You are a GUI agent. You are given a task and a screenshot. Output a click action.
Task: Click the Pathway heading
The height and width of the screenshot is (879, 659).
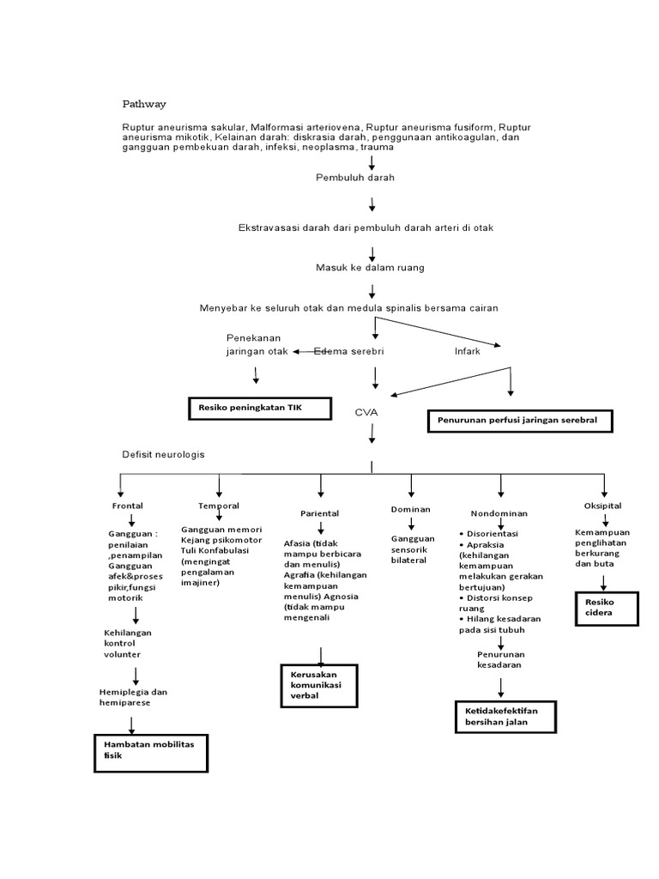coord(143,104)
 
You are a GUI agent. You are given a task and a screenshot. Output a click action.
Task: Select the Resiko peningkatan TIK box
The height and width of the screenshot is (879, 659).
coord(259,408)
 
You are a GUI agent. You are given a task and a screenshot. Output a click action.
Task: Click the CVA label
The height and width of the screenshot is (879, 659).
coord(366,413)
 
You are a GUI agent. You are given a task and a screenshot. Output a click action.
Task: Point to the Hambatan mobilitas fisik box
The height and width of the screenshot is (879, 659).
coord(151,751)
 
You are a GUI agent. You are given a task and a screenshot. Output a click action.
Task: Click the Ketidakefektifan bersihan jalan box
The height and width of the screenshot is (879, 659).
coord(505,716)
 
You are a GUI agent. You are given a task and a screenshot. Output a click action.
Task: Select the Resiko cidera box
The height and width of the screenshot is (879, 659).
coord(607,609)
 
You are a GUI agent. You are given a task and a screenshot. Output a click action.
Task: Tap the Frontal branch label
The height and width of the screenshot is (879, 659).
coord(128,506)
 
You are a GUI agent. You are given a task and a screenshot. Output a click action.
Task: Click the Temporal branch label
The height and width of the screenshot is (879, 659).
coord(219,506)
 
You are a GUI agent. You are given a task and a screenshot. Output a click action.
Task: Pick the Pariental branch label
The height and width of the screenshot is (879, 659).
coord(319,513)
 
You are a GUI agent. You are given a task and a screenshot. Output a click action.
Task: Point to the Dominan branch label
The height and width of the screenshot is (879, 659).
coord(410,509)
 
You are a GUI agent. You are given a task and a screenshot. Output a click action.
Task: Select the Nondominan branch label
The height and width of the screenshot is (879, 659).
coord(499,513)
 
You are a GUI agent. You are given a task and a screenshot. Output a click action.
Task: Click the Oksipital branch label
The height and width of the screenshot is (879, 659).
coord(603,506)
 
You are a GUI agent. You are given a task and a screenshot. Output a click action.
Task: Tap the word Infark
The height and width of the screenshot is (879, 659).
coord(468,352)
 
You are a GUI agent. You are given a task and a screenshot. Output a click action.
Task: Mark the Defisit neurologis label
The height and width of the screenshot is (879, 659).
coord(164,453)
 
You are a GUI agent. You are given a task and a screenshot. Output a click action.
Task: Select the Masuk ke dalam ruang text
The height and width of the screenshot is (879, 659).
coord(370,268)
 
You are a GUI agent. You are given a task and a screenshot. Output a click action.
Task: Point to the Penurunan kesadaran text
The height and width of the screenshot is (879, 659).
coord(499,659)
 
